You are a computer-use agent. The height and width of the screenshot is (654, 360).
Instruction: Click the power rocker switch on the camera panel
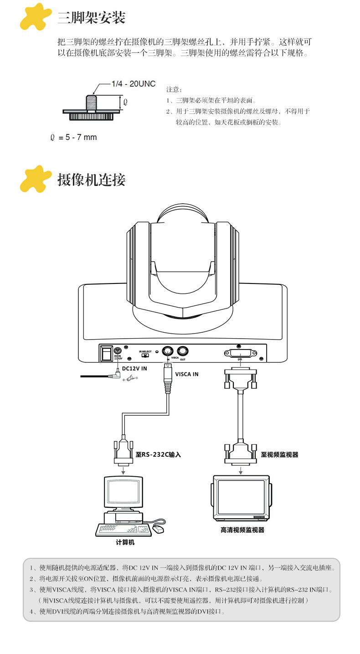pyautogui.click(x=107, y=353)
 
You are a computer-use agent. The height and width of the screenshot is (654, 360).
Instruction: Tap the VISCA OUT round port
pyautogui.click(x=183, y=351)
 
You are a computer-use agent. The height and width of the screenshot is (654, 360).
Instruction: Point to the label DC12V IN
pyautogui.click(x=134, y=367)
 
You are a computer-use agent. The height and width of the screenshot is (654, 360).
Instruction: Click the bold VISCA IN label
pyautogui.click(x=187, y=374)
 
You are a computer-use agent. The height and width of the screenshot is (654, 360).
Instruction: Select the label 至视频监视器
pyautogui.click(x=279, y=454)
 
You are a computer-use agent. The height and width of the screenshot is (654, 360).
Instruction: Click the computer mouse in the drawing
pyautogui.click(x=158, y=529)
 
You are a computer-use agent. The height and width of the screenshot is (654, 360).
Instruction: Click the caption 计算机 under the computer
pyautogui.click(x=125, y=542)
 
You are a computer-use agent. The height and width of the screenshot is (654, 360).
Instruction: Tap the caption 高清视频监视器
pyautogui.click(x=242, y=530)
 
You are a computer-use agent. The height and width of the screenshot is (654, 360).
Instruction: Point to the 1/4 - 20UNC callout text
pyautogui.click(x=134, y=84)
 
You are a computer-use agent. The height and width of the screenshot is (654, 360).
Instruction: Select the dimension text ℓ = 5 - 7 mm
pyautogui.click(x=74, y=137)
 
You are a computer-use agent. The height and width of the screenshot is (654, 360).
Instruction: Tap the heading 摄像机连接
pyautogui.click(x=91, y=180)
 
